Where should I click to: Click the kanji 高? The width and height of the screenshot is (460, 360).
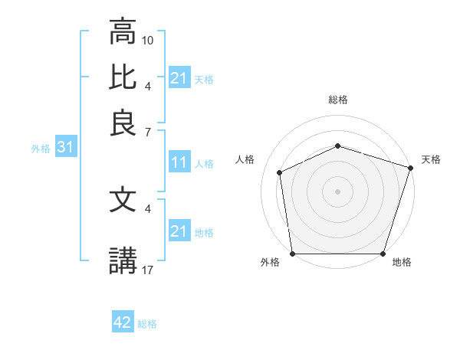pyautogui.click(x=123, y=33)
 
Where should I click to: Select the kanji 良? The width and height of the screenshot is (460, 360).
pyautogui.click(x=123, y=123)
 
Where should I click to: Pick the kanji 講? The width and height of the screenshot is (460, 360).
pyautogui.click(x=123, y=260)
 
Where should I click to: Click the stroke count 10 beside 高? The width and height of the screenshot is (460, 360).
pyautogui.click(x=149, y=39)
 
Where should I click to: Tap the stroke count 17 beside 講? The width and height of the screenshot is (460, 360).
pyautogui.click(x=149, y=269)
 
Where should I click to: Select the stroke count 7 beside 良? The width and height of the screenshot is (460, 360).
pyautogui.click(x=148, y=131)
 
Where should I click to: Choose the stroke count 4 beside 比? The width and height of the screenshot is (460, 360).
pyautogui.click(x=148, y=86)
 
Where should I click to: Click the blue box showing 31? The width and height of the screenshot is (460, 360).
pyautogui.click(x=64, y=148)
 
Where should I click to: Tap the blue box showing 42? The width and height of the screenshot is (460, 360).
pyautogui.click(x=123, y=323)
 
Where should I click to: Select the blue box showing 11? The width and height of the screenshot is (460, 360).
pyautogui.click(x=179, y=162)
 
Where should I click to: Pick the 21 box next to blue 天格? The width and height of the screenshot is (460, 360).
pyautogui.click(x=179, y=78)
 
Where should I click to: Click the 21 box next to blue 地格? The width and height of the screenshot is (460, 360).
pyautogui.click(x=179, y=231)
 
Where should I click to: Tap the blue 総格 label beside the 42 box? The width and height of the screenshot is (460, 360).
pyautogui.click(x=147, y=324)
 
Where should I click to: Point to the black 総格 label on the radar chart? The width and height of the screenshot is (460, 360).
pyautogui.click(x=338, y=100)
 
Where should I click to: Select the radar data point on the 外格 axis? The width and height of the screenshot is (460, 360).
pyautogui.click(x=292, y=253)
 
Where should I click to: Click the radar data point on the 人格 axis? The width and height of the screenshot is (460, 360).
pyautogui.click(x=280, y=172)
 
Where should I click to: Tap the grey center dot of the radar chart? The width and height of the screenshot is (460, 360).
pyautogui.click(x=337, y=191)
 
